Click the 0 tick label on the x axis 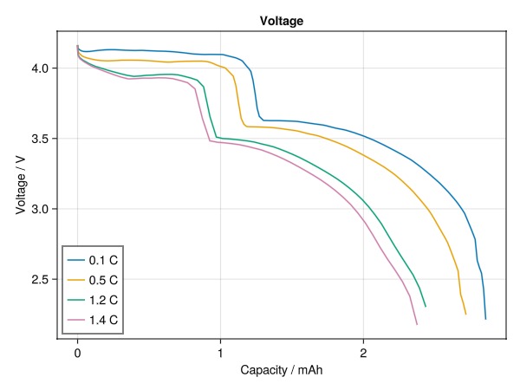77,353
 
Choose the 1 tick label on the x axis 220,353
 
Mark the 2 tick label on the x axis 363,353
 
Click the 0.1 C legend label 103,259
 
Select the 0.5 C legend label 103,280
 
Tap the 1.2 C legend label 103,301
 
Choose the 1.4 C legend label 103,322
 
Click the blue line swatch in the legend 76,259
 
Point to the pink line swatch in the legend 76,322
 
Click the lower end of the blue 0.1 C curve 485,319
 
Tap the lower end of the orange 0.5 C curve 465,314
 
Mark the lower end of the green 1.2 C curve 426,306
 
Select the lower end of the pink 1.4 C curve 416,324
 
